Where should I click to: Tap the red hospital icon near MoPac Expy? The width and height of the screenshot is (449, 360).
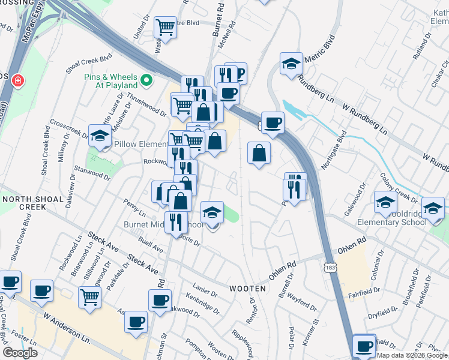pyautogui.click(x=18, y=79)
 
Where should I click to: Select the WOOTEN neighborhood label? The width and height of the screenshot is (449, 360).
pyautogui.click(x=247, y=289)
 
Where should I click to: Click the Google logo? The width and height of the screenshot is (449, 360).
pyautogui.click(x=20, y=353)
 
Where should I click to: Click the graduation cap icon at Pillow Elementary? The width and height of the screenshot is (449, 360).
pyautogui.click(x=100, y=135)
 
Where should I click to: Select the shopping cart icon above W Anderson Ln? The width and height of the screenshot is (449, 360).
pyautogui.click(x=89, y=296)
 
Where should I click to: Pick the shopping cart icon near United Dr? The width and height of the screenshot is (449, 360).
pyautogui.click(x=165, y=26)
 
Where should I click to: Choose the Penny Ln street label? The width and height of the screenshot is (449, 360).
pyautogui.click(x=134, y=208)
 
